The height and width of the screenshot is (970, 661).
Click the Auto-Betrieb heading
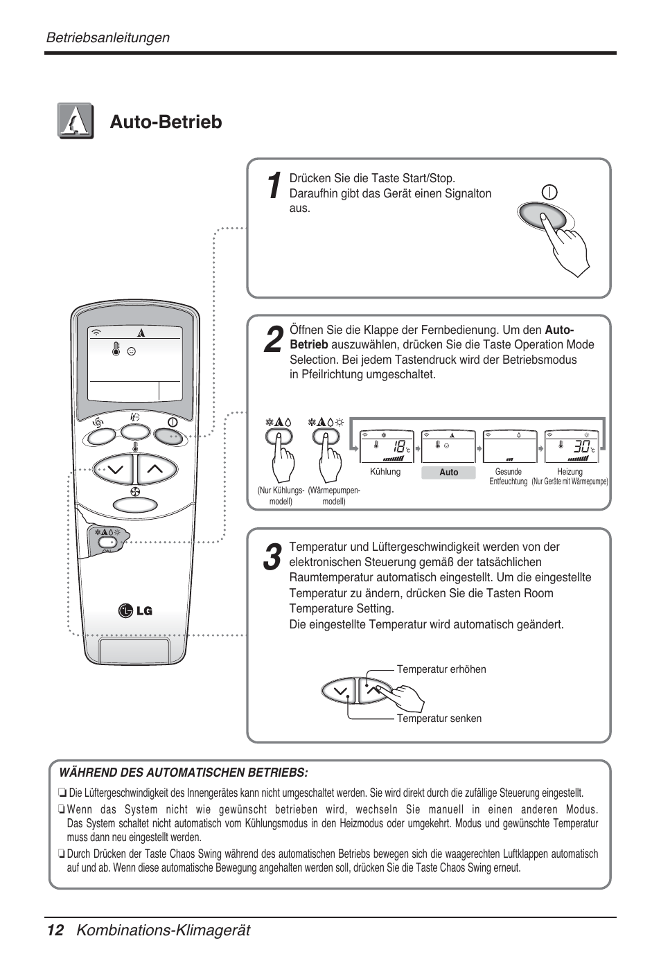[166, 122]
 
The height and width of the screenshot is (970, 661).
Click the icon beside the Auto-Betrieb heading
[76, 121]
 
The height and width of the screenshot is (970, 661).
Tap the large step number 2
[274, 339]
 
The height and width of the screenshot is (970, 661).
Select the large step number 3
[273, 558]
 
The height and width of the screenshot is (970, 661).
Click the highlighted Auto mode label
[448, 473]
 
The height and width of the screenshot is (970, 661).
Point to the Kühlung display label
[385, 472]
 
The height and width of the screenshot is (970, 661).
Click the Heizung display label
[570, 472]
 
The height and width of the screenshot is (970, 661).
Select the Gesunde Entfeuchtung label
[508, 476]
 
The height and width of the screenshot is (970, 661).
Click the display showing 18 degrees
[387, 447]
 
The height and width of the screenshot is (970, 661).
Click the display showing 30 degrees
[571, 447]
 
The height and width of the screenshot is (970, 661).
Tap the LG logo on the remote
[135, 610]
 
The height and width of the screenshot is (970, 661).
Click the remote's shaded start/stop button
[169, 436]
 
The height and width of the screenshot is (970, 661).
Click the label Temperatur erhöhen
[441, 669]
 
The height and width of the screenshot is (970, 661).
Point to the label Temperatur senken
[439, 718]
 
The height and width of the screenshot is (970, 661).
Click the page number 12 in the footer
[55, 931]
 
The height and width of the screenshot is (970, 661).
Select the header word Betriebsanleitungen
[107, 37]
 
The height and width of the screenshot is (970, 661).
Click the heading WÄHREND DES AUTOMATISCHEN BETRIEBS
[184, 773]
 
